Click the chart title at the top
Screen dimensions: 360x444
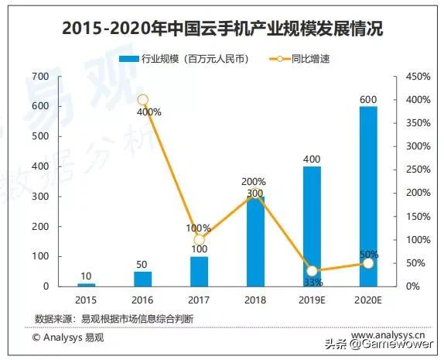222,30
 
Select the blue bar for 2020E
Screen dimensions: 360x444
368,196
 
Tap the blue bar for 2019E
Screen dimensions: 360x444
312,226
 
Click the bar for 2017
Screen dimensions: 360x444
199,271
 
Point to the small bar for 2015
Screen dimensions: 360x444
87,284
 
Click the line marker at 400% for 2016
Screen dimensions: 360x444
142,100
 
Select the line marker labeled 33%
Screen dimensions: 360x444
312,271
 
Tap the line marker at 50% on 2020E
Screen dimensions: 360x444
368,263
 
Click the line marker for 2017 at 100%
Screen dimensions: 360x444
199,240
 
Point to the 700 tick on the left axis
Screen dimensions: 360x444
39,76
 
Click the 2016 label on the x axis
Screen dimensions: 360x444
142,299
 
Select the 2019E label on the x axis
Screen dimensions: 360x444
312,299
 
